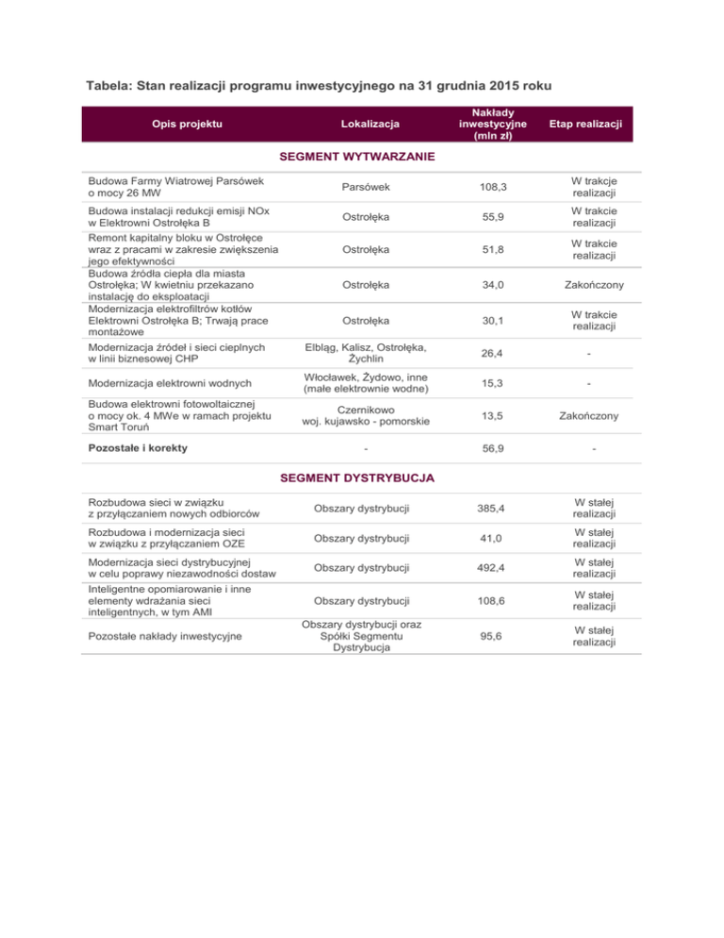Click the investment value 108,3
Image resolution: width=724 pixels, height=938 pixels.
[486, 188]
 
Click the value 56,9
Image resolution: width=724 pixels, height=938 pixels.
[486, 448]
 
